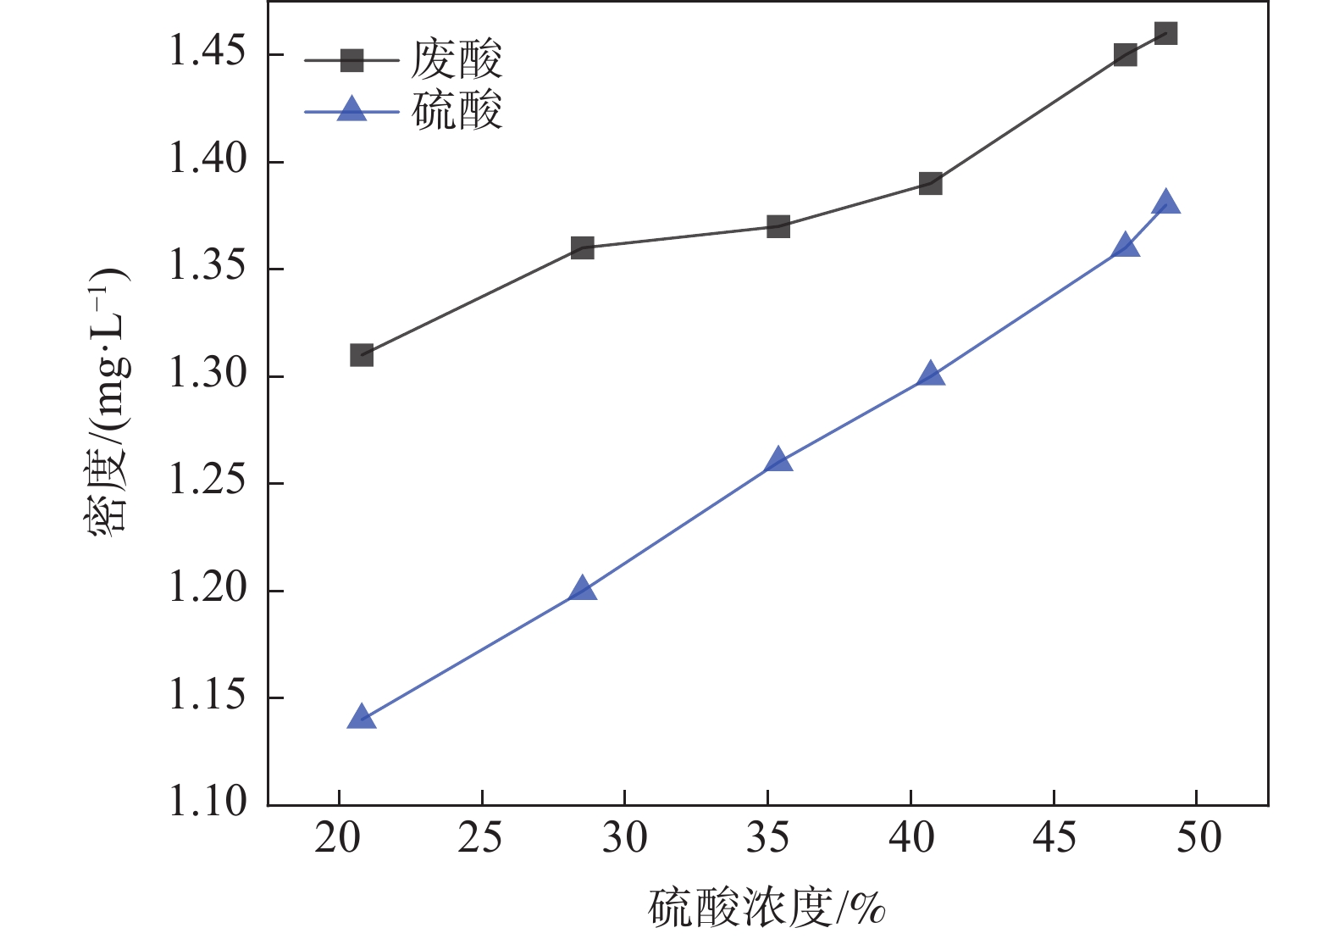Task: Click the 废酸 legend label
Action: (x=457, y=60)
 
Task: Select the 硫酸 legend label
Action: (x=457, y=111)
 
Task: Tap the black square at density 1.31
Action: (x=362, y=355)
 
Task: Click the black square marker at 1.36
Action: (x=582, y=248)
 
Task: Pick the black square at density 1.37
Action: (x=778, y=226)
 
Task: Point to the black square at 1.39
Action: (x=930, y=183)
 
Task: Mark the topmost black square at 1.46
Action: (x=1165, y=34)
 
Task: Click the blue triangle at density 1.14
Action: (x=362, y=717)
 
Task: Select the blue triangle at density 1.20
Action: (x=582, y=589)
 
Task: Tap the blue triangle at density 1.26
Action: (x=778, y=460)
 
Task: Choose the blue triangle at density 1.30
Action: (x=930, y=374)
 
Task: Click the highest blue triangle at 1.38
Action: (x=1165, y=203)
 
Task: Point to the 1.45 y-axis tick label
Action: (x=208, y=53)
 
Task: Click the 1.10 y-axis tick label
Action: (x=208, y=803)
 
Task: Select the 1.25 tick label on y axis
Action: (x=208, y=481)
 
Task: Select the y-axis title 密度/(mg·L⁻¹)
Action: (x=108, y=398)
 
